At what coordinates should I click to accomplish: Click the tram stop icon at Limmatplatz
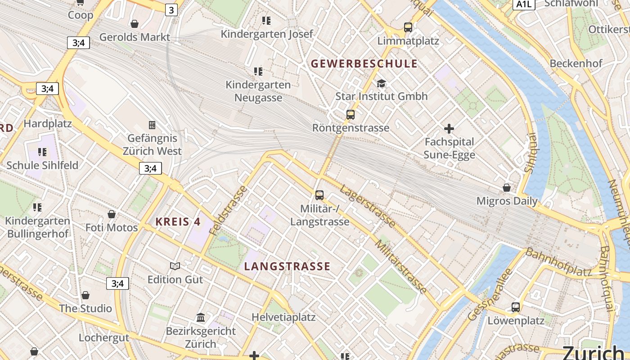coord(408,27)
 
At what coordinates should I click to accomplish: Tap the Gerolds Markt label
coord(135,37)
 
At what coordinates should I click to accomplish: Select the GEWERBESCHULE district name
coord(364,63)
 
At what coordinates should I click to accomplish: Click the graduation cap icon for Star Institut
coord(381,83)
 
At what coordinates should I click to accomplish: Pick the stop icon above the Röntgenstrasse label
coord(351,115)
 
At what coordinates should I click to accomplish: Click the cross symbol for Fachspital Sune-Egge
coord(449,129)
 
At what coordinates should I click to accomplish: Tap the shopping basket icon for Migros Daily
coord(507,188)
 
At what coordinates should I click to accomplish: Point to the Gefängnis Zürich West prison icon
coord(152,125)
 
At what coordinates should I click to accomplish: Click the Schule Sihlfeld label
coord(42,165)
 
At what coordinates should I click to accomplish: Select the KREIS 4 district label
coord(178,221)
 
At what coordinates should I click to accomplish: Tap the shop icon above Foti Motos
coord(112,214)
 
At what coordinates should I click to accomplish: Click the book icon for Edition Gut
coord(175,266)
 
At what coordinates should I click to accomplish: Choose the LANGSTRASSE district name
coord(287,266)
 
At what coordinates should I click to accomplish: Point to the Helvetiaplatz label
coord(283,317)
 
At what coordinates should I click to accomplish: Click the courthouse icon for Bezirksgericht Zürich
coord(201,318)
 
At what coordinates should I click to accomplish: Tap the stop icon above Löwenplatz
coord(516,307)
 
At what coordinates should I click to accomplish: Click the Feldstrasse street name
coord(229,210)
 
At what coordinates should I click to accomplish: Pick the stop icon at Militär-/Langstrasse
coord(319,195)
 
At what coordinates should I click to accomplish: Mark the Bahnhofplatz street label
coord(558,262)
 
